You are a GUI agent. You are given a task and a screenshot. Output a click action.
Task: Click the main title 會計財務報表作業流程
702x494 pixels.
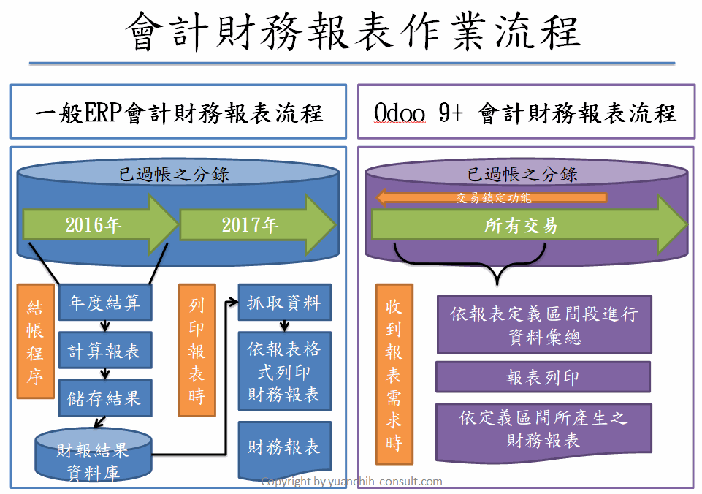point(354,31)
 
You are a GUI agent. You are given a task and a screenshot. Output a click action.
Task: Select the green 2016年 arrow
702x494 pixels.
point(100,224)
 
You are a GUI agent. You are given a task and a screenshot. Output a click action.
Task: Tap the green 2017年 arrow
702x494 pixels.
point(257,224)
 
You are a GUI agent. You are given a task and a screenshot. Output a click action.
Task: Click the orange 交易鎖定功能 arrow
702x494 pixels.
point(491,197)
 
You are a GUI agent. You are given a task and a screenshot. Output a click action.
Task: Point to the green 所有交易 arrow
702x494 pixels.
point(529,225)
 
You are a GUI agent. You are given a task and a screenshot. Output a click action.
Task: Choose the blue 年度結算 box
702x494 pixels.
point(105,303)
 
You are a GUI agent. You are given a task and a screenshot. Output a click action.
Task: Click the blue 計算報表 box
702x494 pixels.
point(105,350)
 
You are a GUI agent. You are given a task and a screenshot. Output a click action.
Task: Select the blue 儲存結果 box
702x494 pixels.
point(105,398)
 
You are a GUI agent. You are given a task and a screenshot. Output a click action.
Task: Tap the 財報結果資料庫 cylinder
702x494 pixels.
point(93,455)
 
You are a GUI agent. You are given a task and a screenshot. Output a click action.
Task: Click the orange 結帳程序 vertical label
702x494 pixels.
point(35,341)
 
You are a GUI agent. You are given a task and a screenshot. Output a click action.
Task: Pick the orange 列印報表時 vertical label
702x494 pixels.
point(197,350)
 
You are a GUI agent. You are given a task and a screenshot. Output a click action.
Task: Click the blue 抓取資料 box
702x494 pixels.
point(285,303)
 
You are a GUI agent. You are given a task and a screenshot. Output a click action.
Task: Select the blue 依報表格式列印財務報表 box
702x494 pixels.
point(285,371)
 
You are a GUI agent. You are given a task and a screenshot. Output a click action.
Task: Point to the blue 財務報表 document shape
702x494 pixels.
point(285,448)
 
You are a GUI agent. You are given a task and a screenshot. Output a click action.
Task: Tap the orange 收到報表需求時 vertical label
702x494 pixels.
point(394,374)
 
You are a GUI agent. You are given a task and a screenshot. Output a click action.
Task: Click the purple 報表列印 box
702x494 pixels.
point(543,377)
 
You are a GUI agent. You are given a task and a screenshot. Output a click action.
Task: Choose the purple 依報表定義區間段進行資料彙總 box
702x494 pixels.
point(544,324)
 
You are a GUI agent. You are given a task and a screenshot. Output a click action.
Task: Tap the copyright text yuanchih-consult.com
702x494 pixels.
point(385,482)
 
